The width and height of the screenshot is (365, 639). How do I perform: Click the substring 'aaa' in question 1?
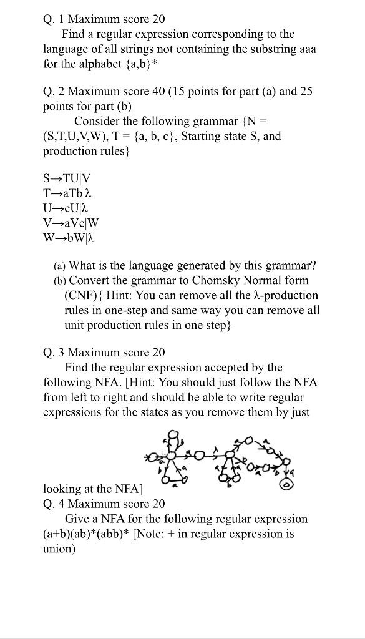305,49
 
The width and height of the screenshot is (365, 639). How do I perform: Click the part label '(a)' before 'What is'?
59,265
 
